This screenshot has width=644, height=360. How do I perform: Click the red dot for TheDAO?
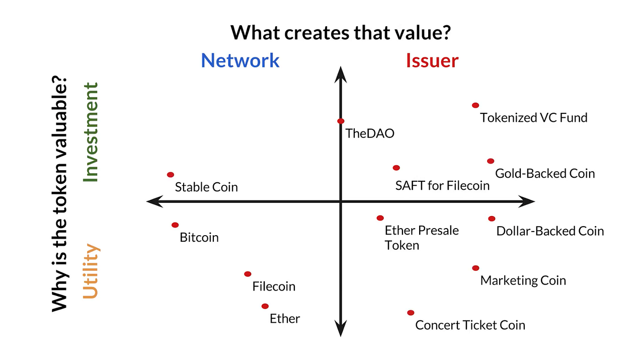pos(341,121)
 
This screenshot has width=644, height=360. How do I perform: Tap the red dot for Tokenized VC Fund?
pos(475,105)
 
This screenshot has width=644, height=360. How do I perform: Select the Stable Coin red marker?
pos(171,175)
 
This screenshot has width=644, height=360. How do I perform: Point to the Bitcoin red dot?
pos(175,225)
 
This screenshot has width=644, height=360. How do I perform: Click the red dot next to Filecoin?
pos(248,274)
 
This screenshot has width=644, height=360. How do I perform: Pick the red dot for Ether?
pos(265,306)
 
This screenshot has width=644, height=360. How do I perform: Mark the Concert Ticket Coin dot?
pos(411,313)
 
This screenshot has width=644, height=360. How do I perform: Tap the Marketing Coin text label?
pos(523,280)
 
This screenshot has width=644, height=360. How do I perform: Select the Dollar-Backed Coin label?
pos(550,231)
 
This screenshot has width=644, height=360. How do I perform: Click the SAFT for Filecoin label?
pos(442,186)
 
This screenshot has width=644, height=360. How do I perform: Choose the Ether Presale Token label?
pos(421,238)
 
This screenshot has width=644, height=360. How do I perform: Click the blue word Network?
pos(240,60)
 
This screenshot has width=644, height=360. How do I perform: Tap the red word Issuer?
pos(432,60)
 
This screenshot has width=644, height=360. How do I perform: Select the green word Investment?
pos(91,132)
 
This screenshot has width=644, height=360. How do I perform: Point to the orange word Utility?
pos(91,271)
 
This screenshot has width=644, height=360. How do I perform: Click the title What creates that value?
pos(340,33)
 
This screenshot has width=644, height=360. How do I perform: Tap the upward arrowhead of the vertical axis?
pos(341,73)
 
